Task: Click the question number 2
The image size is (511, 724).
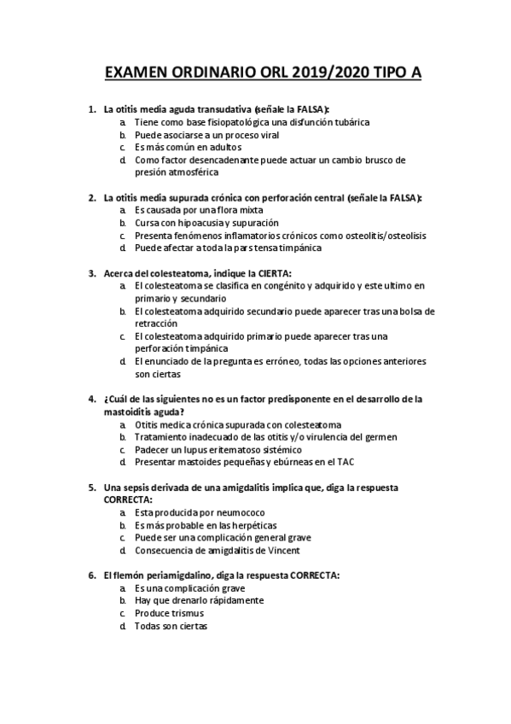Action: tap(91, 198)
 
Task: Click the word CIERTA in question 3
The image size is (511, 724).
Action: tap(272, 273)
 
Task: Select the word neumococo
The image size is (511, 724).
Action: tap(208, 512)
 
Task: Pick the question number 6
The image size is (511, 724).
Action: tap(91, 575)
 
